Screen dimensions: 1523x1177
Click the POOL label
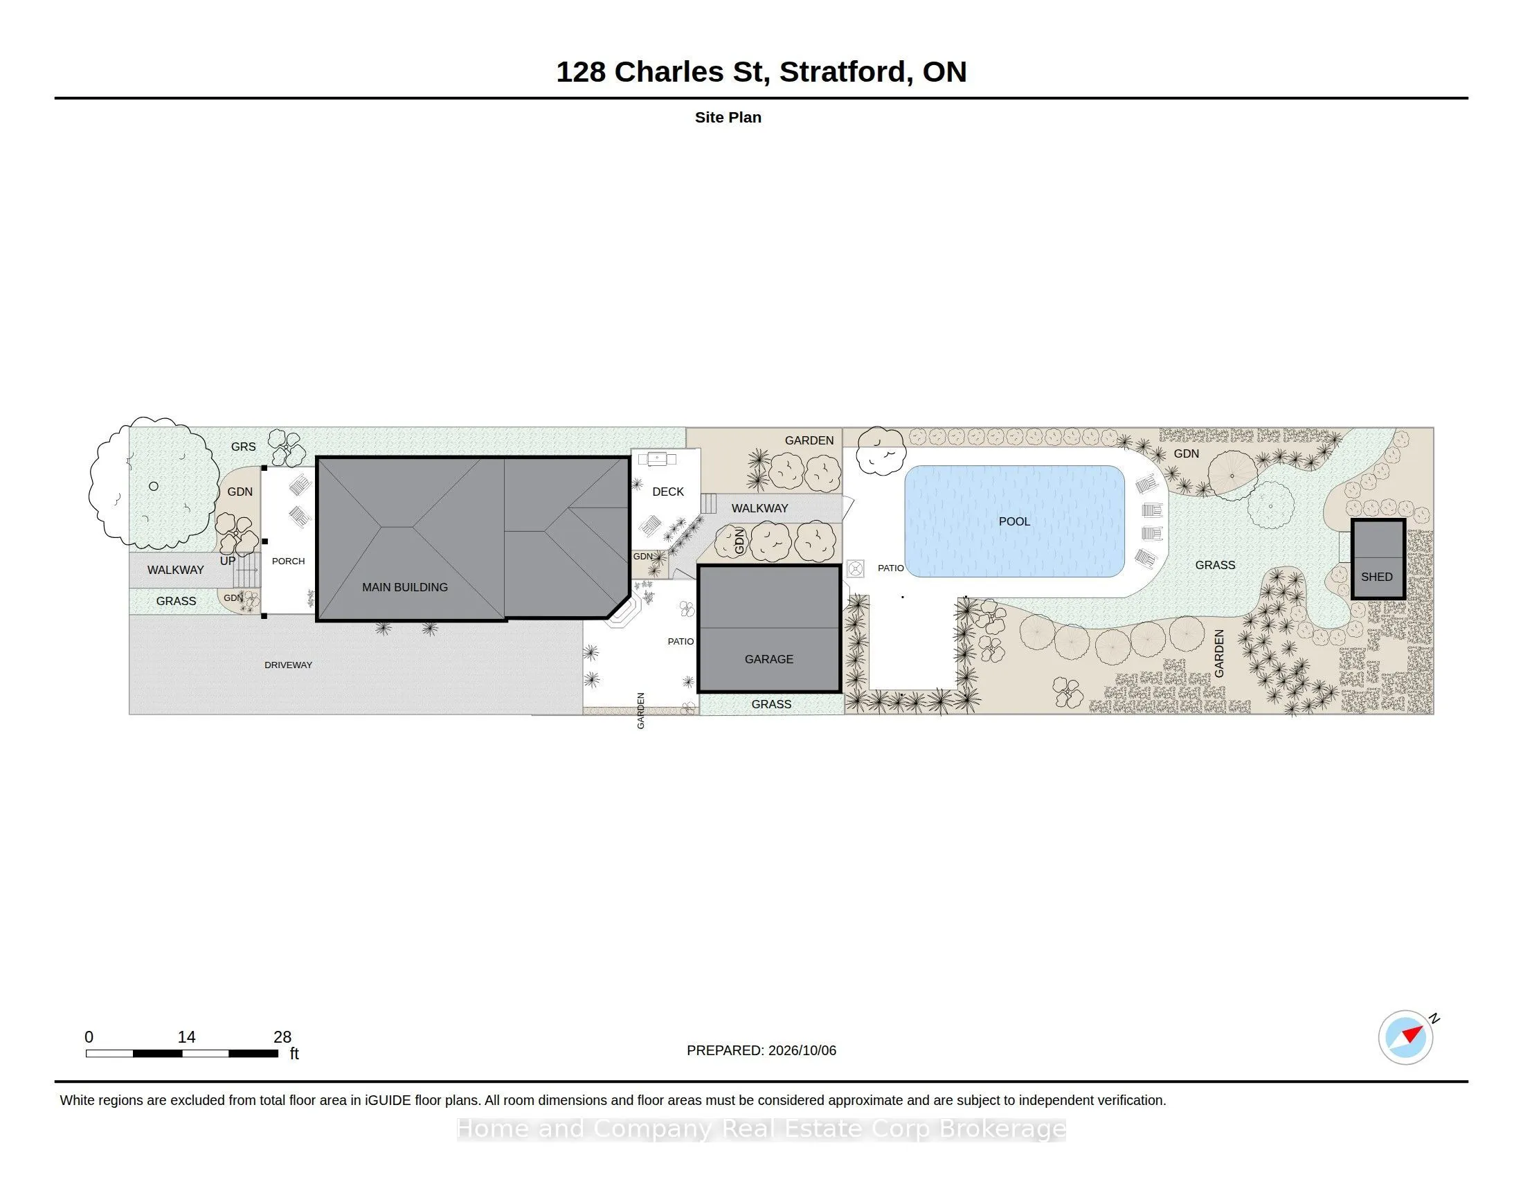click(1014, 521)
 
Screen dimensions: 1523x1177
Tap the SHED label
click(1376, 577)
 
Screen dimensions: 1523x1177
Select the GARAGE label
click(768, 659)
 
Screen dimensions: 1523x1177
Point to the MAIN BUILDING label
click(404, 587)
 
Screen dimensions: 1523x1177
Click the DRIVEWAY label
click(288, 665)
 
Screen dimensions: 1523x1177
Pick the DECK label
click(667, 492)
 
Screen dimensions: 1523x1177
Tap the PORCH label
click(288, 561)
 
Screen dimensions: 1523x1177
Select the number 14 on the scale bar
click(186, 1037)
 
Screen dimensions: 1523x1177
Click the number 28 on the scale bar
click(282, 1037)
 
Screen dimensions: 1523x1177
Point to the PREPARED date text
click(761, 1050)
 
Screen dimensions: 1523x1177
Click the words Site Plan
click(728, 117)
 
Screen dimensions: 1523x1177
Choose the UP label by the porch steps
click(227, 561)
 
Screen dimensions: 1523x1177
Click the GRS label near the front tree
click(244, 447)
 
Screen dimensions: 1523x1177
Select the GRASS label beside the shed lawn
click(1215, 565)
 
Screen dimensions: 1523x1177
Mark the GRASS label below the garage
click(770, 704)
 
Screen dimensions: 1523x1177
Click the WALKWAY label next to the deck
click(759, 508)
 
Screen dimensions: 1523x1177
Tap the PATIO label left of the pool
click(890, 568)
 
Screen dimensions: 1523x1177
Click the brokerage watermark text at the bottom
click(761, 1129)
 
